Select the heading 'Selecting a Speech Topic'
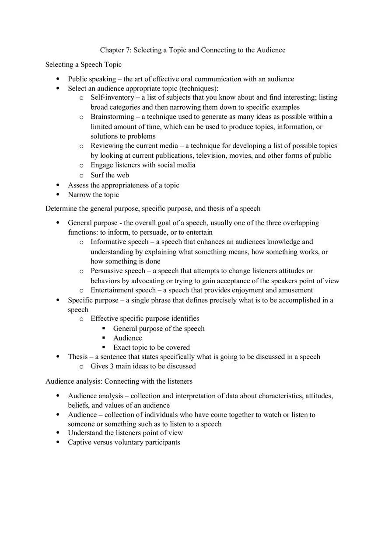(x=84, y=65)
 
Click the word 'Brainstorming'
(x=112, y=117)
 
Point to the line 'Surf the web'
(x=110, y=175)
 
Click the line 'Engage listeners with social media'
(x=143, y=165)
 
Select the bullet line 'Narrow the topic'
(x=93, y=195)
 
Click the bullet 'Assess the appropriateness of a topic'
(x=123, y=185)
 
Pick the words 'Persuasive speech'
(x=118, y=271)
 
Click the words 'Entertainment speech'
(x=123, y=290)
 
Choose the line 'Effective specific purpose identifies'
(x=145, y=319)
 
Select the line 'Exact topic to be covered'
(x=151, y=348)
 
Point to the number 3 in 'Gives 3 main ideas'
(x=112, y=366)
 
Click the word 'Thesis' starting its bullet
(x=77, y=357)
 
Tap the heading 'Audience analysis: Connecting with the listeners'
(x=119, y=382)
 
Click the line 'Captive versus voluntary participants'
(x=124, y=442)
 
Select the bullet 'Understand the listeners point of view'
(x=125, y=433)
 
